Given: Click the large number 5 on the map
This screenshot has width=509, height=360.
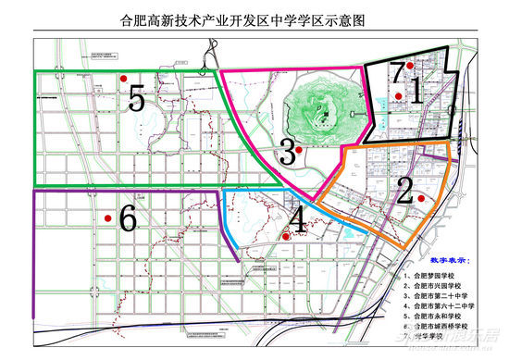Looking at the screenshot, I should [x=137, y=98].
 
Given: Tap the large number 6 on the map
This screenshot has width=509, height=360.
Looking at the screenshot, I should [x=128, y=219].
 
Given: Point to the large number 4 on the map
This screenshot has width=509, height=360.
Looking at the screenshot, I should [x=298, y=220].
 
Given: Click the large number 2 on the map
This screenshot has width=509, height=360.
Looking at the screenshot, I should [x=404, y=190].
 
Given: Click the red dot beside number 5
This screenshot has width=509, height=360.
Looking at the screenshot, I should [x=122, y=80].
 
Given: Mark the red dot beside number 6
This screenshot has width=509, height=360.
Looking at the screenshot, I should [x=108, y=218].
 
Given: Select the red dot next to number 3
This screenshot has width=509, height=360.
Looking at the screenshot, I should [x=298, y=149].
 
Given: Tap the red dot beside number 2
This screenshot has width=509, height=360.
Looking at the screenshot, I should [x=421, y=197].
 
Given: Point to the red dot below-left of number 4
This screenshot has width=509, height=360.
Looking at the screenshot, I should [x=285, y=236].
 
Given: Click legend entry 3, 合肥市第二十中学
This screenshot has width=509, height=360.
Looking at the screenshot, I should [x=444, y=303].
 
